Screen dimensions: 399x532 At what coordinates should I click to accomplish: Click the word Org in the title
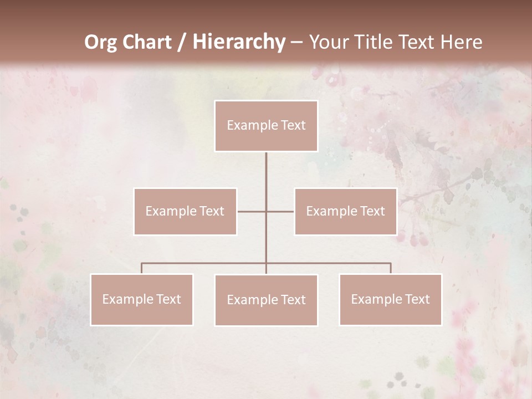pos(102,42)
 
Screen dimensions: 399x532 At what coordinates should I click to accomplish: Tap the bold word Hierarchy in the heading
pos(238,42)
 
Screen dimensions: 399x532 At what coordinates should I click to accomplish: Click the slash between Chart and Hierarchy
pos(182,43)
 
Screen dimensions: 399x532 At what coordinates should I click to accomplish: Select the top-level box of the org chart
pos(266,126)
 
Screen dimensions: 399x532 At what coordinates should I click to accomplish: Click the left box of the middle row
pos(185,211)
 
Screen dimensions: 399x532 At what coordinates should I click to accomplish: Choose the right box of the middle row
pos(345,211)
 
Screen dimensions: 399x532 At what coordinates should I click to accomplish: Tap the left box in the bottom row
pos(141,299)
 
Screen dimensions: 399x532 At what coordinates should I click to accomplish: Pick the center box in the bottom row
pos(266,300)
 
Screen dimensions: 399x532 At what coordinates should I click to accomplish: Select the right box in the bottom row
pos(390,299)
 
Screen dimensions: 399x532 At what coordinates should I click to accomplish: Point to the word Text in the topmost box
pos(293,126)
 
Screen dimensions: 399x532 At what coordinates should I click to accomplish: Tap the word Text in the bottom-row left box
pos(168,299)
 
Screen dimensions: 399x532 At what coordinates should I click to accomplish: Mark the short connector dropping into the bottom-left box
pos(141,268)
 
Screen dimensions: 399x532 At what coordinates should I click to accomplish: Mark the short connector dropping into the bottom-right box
pos(391,268)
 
